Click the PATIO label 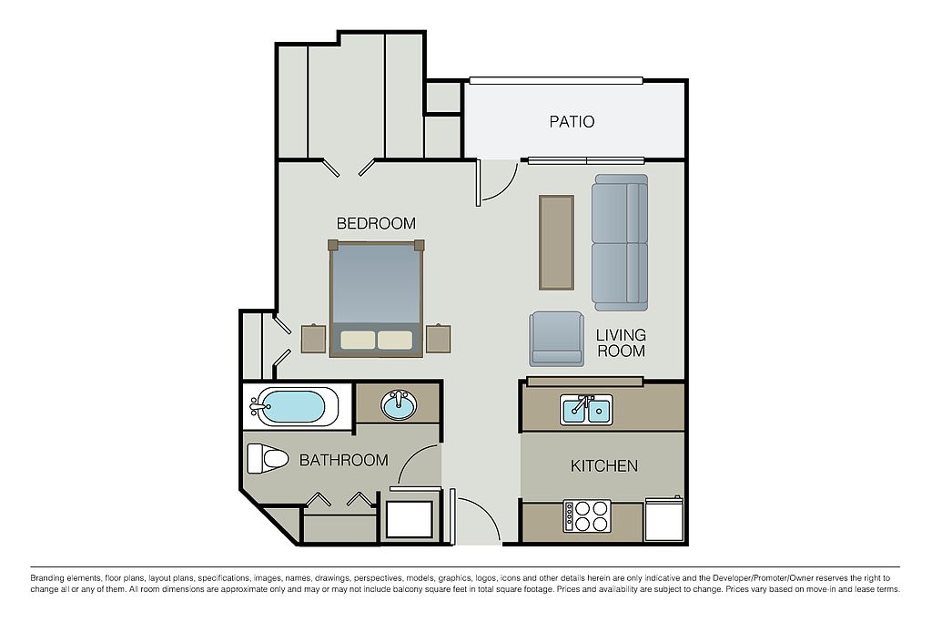[572, 122]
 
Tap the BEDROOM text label [376, 224]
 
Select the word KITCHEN [604, 465]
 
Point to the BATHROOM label [343, 460]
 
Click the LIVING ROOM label [621, 343]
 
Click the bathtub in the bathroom [291, 407]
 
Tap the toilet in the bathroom [268, 458]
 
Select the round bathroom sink [399, 405]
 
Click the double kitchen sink [587, 410]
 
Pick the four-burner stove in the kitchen [587, 516]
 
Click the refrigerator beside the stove [664, 518]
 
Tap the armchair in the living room [556, 339]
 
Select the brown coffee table [556, 242]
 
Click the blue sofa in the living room [619, 242]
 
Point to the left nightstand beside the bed [313, 339]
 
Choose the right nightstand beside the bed [438, 339]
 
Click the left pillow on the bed [358, 340]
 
